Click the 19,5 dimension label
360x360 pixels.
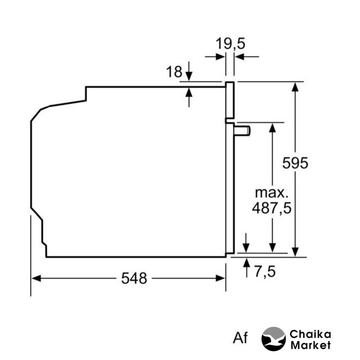[x=230, y=43]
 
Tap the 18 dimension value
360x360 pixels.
[x=174, y=71]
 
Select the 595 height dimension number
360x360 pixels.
[x=295, y=163]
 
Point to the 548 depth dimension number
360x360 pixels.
[x=134, y=278]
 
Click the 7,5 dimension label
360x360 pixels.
[x=265, y=272]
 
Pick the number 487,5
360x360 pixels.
[x=272, y=208]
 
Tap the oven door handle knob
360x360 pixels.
[x=242, y=131]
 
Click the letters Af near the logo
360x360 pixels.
[x=240, y=337]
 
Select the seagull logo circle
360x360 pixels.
[x=274, y=339]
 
